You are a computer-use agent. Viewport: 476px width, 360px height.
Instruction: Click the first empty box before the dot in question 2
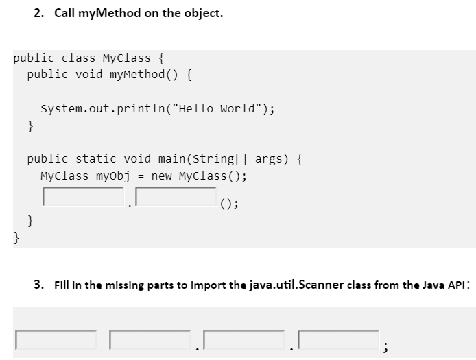click(83, 197)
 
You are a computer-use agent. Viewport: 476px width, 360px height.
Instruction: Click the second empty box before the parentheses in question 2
click(176, 197)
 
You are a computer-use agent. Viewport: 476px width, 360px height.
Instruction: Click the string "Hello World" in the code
click(224, 108)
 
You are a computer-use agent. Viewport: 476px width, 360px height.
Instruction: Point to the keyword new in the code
click(161, 176)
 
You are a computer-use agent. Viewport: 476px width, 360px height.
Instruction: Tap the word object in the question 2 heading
click(201, 14)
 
